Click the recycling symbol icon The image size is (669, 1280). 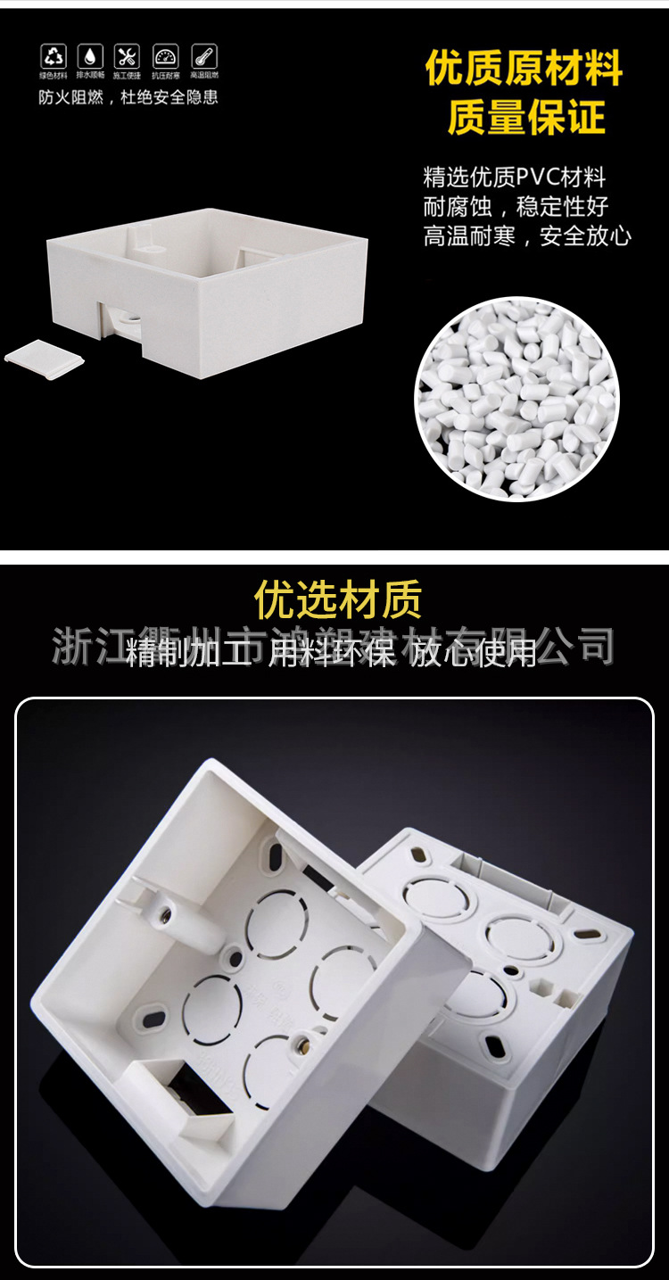click(54, 57)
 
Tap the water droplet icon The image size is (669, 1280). click(90, 57)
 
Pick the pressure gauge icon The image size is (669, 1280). click(166, 57)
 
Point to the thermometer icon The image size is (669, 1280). click(204, 57)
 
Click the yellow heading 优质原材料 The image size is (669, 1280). click(524, 69)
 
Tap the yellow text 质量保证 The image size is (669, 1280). click(526, 117)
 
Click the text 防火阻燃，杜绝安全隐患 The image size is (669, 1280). click(128, 97)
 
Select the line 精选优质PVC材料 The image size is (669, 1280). click(515, 177)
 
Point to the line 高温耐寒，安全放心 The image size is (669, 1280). click(527, 235)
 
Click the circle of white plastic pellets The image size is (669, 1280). click(517, 398)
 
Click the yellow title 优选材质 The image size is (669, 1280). click(338, 600)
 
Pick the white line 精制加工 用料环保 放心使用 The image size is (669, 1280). click(332, 654)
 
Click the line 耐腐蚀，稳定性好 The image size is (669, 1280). click(516, 206)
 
